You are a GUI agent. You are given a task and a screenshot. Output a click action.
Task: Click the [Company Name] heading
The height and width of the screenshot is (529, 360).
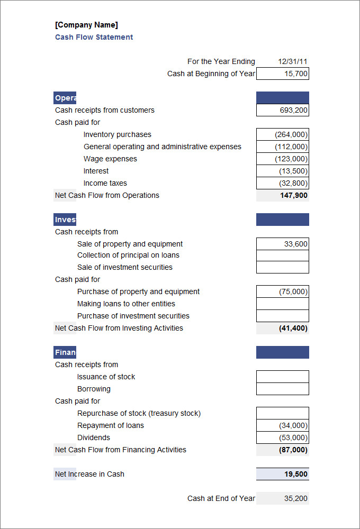click(86, 25)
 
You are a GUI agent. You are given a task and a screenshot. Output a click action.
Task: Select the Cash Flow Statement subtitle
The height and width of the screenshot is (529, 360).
click(94, 37)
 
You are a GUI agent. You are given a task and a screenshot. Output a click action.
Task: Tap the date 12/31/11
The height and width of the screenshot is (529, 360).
click(293, 61)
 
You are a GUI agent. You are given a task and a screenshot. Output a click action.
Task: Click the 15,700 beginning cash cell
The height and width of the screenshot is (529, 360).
click(283, 74)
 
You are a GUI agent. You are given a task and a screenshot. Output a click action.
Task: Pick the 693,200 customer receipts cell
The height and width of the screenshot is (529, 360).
click(283, 110)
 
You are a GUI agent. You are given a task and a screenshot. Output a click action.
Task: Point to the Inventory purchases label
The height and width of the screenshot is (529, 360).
click(117, 134)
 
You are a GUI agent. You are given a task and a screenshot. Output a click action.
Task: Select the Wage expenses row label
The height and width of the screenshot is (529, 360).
click(110, 159)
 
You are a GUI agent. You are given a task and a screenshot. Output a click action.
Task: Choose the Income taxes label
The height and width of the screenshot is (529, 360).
click(105, 183)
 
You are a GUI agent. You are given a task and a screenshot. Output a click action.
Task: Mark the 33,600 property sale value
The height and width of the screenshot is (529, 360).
click(283, 244)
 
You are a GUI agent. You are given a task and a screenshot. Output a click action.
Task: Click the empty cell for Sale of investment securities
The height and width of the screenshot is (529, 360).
click(283, 267)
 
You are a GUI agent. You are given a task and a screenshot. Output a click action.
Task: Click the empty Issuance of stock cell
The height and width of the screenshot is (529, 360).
click(283, 377)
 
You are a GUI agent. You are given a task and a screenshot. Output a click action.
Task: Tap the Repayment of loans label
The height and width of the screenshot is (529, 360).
click(110, 425)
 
